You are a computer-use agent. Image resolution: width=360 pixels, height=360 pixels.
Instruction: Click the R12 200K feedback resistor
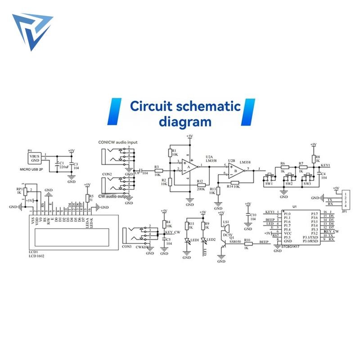201,184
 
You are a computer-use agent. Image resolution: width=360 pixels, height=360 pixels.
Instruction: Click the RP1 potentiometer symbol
26,191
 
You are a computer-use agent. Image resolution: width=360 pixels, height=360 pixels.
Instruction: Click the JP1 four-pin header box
345,198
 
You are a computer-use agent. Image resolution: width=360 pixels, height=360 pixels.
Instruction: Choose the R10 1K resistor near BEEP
248,243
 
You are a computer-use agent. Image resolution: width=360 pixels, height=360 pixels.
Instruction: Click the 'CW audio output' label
116,196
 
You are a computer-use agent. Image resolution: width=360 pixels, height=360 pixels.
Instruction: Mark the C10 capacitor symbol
247,216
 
